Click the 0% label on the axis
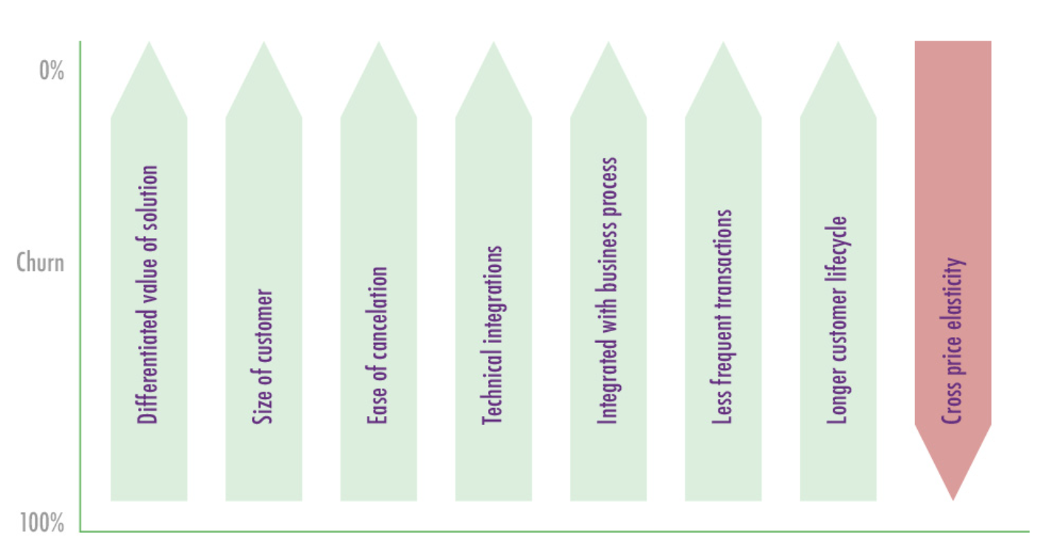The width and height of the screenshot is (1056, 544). tap(52, 71)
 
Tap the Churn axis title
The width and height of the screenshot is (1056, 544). tap(40, 262)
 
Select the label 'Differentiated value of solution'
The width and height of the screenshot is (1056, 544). tap(148, 294)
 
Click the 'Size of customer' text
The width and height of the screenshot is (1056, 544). tap(264, 357)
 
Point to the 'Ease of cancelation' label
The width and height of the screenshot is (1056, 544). tap(378, 346)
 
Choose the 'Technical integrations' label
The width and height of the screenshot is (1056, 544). tap(493, 335)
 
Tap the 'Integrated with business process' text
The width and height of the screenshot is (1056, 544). tap(608, 290)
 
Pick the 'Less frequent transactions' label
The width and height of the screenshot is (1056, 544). tap(723, 316)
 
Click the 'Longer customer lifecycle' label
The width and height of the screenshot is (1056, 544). tap(837, 320)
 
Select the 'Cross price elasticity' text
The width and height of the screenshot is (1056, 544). tap(953, 340)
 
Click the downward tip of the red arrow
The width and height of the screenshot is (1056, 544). tap(953, 497)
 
